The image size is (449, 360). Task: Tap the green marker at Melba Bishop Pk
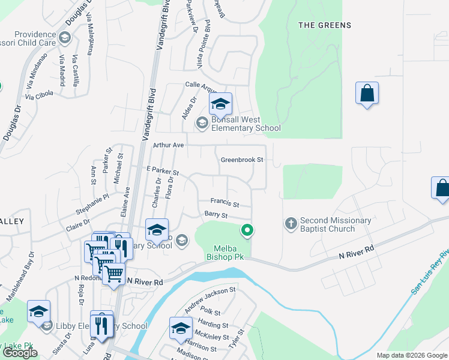coord(246,229)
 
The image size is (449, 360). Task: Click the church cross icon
coord(291,224)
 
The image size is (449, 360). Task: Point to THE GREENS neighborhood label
coord(325,25)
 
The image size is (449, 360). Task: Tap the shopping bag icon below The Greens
coord(367,94)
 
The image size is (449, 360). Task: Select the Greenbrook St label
coord(242,160)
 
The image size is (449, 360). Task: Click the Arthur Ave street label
coord(168,145)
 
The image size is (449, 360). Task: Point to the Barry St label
coord(216,215)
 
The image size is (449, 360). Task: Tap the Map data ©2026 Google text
coord(411,355)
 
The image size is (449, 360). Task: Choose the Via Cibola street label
coord(39,95)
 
